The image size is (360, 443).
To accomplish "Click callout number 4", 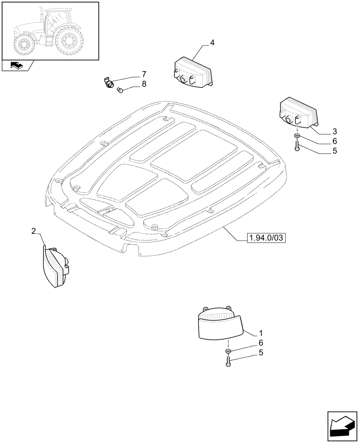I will tap(212, 43).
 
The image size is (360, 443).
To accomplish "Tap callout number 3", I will tap(334, 132).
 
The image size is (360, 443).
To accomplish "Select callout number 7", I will tap(144, 74).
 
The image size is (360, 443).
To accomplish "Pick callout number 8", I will tap(144, 84).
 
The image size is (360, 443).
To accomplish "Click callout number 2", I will tap(34, 231).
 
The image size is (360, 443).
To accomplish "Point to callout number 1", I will tap(261, 333).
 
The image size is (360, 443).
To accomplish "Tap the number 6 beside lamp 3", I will tap(334, 141).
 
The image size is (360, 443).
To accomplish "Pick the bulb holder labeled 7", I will tap(108, 82).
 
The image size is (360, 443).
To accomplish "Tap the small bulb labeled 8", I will tap(120, 90).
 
